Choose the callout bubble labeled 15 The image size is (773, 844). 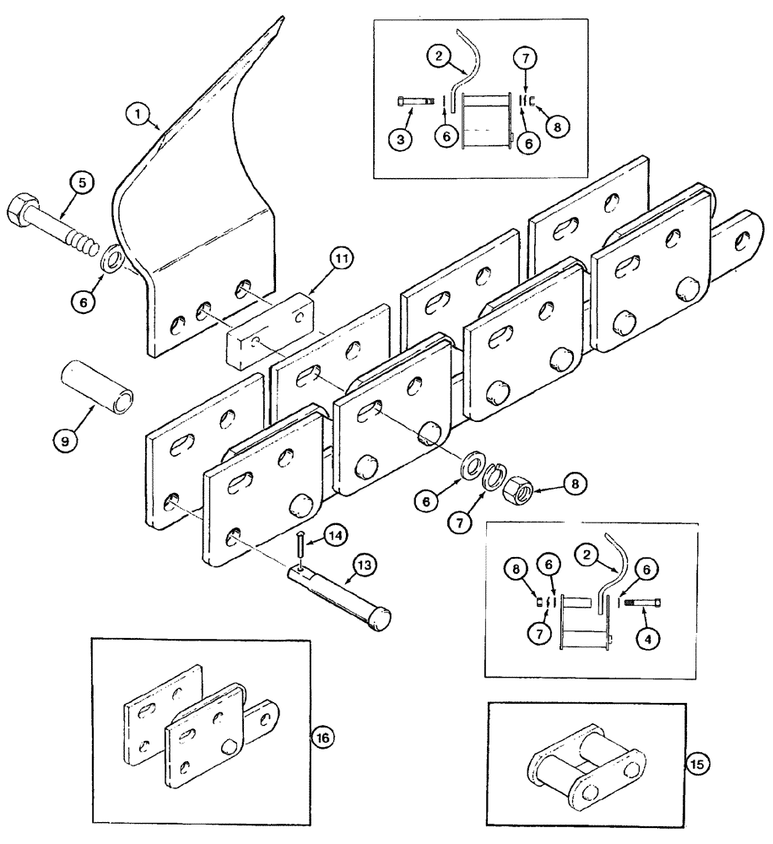click(x=699, y=765)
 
